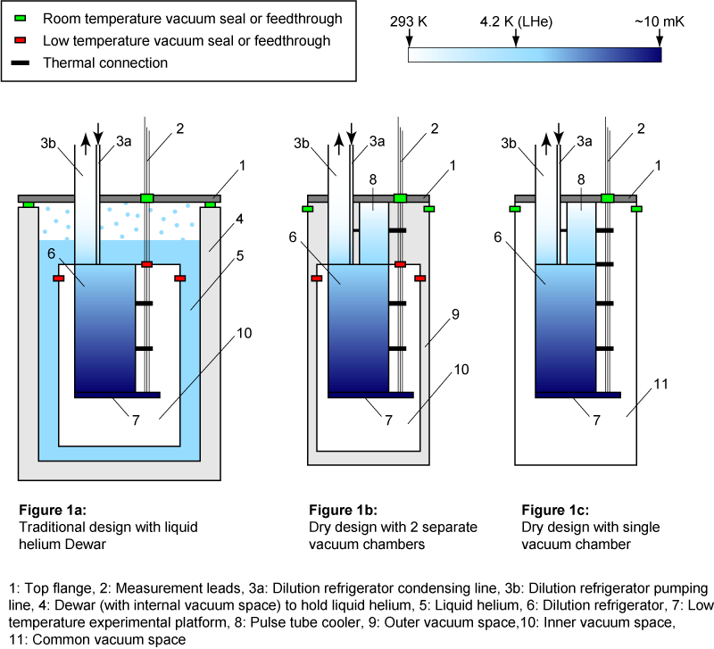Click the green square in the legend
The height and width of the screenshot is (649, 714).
click(20, 19)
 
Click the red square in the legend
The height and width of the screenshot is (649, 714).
click(20, 41)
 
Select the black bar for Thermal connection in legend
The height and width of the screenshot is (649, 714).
click(20, 62)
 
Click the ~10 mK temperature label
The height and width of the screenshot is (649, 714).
click(660, 21)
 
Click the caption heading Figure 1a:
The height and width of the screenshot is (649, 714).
click(53, 511)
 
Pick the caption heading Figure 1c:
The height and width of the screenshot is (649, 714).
click(557, 511)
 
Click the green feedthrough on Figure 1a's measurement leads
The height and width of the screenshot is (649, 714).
click(147, 197)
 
